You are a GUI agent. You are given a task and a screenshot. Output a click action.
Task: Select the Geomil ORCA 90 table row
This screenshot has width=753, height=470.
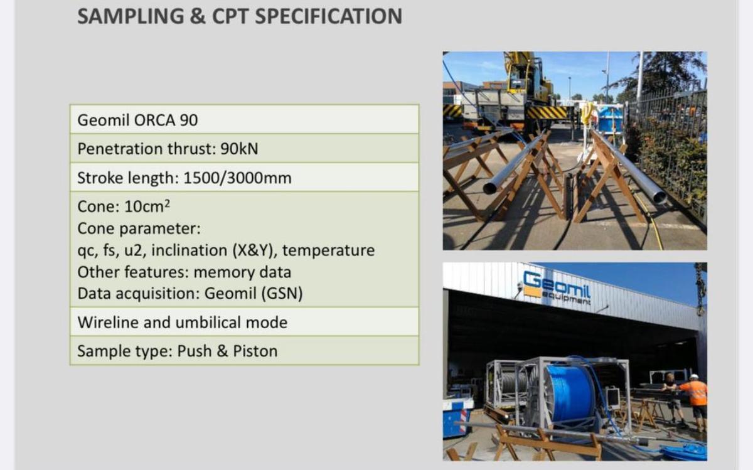(x=244, y=119)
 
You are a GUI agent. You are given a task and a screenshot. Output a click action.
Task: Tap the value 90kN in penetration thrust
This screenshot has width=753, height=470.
(x=239, y=149)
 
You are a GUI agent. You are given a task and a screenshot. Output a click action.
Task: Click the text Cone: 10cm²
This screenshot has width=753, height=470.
(x=124, y=206)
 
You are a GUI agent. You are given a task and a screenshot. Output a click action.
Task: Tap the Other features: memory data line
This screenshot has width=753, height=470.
(x=184, y=272)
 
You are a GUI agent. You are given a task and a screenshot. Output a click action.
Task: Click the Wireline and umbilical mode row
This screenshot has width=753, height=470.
(x=182, y=323)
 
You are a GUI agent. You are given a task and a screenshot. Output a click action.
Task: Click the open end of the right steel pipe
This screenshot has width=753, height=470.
(x=658, y=198)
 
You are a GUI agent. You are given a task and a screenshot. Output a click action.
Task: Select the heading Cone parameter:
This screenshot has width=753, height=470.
(x=139, y=228)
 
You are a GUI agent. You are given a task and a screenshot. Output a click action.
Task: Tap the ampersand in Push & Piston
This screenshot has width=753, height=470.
(x=222, y=351)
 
